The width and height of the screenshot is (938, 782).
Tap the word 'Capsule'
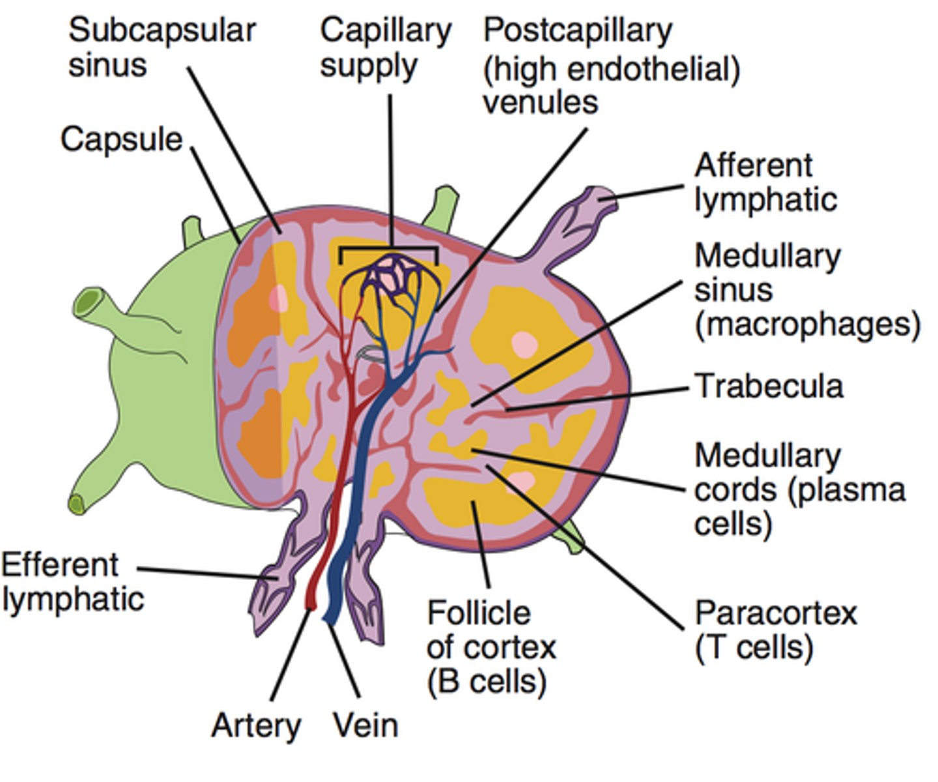122,139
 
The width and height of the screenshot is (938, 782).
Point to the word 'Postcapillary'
577,31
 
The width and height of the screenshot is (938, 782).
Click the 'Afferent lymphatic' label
765,183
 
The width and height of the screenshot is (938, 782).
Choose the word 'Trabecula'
769,386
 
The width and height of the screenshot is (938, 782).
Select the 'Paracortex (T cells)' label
775,630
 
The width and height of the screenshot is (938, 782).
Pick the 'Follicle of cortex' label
491,647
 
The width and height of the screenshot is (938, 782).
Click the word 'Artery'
256,725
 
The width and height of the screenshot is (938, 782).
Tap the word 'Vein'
365,725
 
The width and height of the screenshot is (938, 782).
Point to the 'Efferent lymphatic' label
72,582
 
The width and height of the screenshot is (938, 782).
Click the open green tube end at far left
86,304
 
